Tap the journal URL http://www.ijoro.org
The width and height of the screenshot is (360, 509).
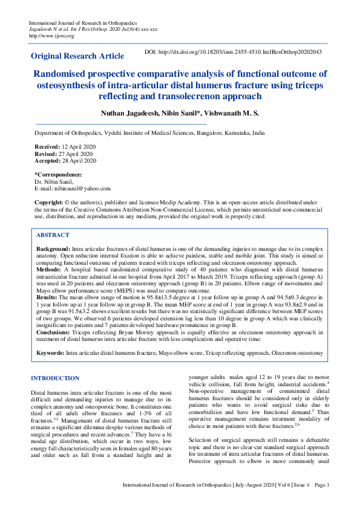coord(51,36)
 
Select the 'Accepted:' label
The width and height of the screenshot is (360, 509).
coord(48,161)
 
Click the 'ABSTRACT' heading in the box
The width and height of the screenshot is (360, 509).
coord(53,235)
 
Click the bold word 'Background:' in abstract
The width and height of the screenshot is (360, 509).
coord(53,248)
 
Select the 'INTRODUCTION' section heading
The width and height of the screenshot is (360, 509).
coord(54,378)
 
